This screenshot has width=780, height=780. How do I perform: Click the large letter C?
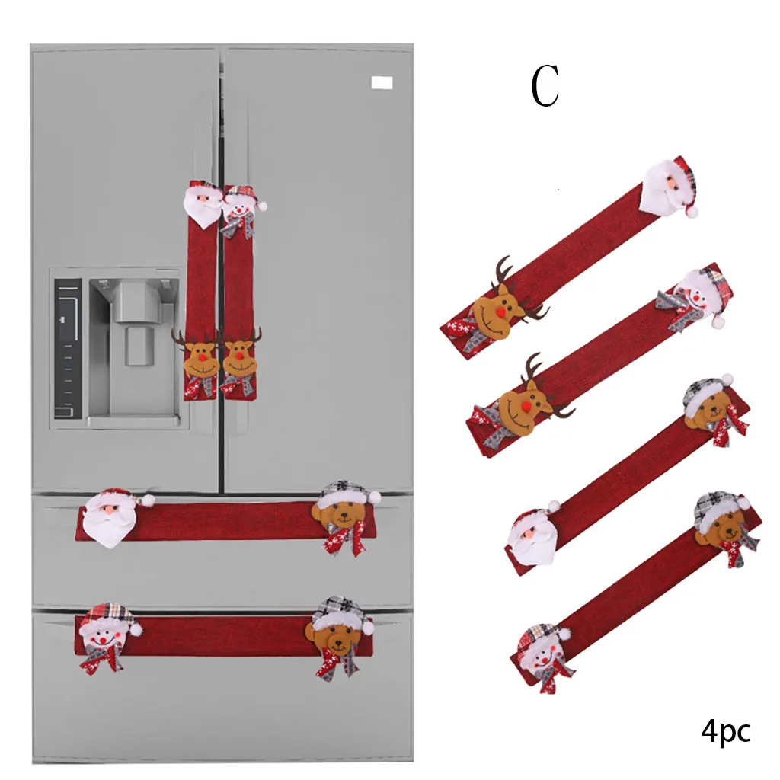[x=545, y=85]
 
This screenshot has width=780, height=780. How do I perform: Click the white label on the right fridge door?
[x=382, y=82]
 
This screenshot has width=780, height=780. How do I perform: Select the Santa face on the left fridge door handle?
[x=203, y=204]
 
